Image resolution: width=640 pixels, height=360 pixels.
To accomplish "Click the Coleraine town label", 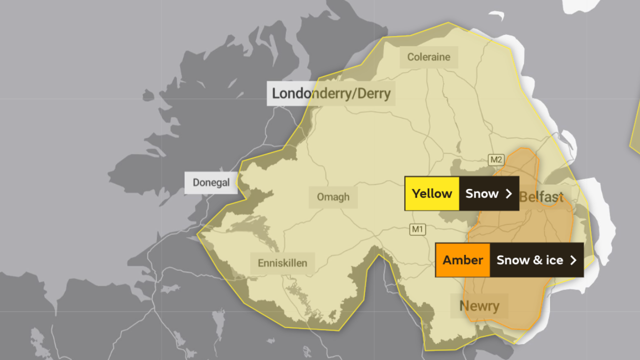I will pos(428,57).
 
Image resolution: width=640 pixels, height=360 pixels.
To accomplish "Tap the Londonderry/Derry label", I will pos(331,93).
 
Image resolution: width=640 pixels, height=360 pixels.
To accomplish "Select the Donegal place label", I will pos(211,182).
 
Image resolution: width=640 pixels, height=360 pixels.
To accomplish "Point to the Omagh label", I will pos(333,197).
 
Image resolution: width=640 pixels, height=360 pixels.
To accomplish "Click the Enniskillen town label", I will pos(282,263).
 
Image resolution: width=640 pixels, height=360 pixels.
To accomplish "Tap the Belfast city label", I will pos(542,197).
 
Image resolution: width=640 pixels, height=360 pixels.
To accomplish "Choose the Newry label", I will pos(479,305).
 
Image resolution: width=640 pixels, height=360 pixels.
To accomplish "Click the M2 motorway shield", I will pos(495,160).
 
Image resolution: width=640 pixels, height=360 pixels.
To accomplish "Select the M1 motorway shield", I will pos(417,229).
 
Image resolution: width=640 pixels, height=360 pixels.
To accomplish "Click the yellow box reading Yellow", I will pos(432,193).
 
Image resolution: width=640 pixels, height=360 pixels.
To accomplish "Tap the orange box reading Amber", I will pos(462,260).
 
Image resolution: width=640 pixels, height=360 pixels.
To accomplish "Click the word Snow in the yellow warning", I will pos(482,193).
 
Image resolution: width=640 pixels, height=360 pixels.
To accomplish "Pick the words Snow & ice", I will pos(529,260).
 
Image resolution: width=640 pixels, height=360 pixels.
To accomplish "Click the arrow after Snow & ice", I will pos(573,260).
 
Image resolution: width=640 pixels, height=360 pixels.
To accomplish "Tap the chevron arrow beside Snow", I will pos(509,193).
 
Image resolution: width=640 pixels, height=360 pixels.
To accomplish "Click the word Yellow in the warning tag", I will pos(432,193).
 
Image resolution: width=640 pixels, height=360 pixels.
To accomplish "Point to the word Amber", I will pos(462,260).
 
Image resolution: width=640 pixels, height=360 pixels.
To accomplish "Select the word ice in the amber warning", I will pos(554,260).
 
